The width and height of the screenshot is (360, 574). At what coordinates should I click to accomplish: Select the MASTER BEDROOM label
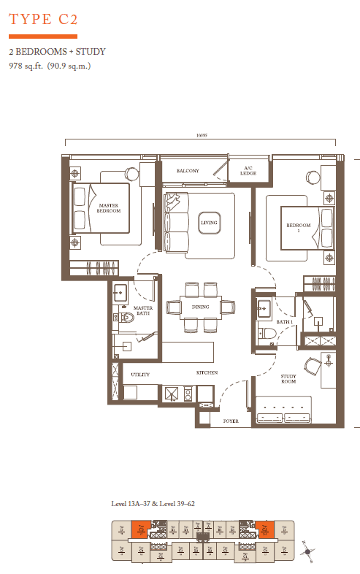[x=109, y=210]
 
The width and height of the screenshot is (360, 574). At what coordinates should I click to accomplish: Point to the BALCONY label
[x=188, y=171]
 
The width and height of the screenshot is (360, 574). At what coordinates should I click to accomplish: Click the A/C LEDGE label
[x=238, y=172]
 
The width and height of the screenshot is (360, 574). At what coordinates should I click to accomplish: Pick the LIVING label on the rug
[x=209, y=223]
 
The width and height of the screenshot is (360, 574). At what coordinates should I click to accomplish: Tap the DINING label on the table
[x=201, y=307]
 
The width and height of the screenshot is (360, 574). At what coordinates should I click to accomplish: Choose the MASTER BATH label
[x=142, y=311]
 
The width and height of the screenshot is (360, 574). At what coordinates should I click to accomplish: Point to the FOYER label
[x=231, y=421]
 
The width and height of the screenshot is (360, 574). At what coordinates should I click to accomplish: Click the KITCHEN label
[x=207, y=373]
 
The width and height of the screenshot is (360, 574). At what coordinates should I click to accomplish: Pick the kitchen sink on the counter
[x=172, y=394]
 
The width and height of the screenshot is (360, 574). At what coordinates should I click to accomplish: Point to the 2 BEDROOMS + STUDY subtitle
[x=58, y=52]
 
